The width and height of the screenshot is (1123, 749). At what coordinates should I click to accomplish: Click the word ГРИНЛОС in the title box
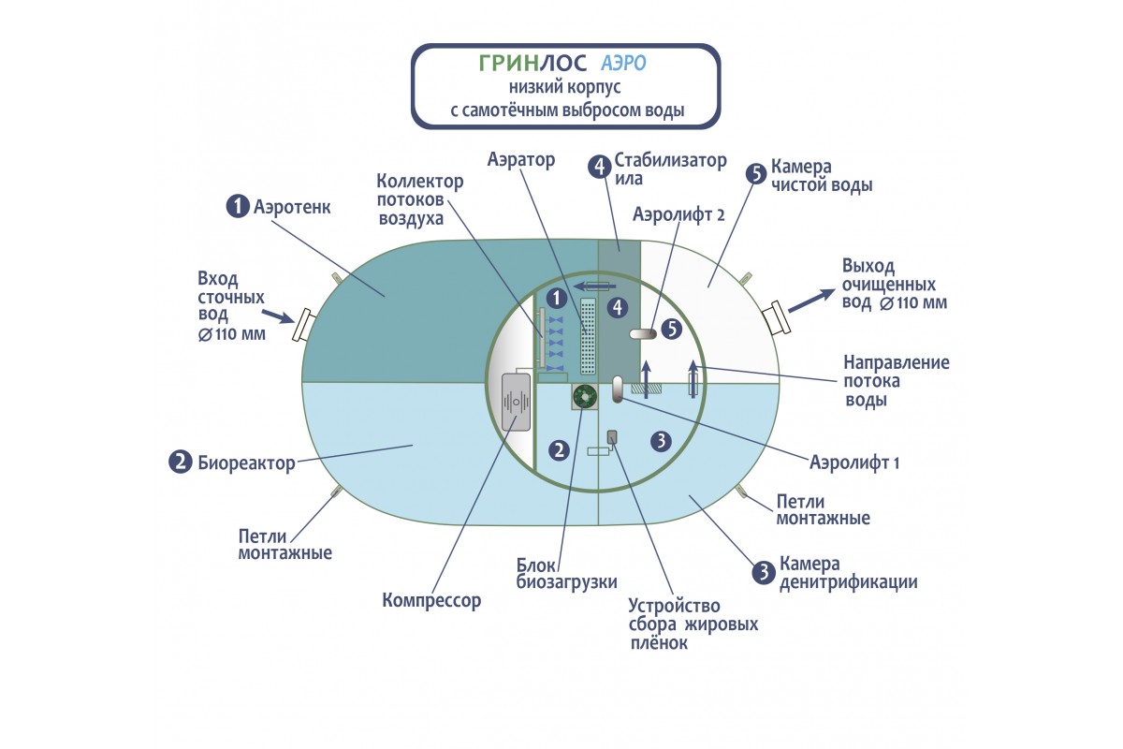pos(531,63)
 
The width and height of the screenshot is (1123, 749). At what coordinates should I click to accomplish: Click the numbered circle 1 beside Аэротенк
pos(238,206)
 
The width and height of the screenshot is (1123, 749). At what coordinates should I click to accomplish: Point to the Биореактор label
pos(246,462)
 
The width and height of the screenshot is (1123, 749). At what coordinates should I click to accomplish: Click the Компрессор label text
pos(431,600)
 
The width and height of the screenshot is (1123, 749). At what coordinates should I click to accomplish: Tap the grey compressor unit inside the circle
pos(516,402)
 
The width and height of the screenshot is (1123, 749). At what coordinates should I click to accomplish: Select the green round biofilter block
pos(586,398)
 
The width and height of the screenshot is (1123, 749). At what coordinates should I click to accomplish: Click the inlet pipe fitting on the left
pos(302,327)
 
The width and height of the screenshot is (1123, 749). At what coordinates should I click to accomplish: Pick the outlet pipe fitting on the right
pos(780,318)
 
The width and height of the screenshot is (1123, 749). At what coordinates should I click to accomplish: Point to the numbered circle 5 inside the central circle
pos(671,329)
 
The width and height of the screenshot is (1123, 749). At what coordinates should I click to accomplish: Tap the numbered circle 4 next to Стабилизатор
pos(599,168)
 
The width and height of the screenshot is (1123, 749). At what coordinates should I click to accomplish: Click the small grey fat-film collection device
pos(613,436)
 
